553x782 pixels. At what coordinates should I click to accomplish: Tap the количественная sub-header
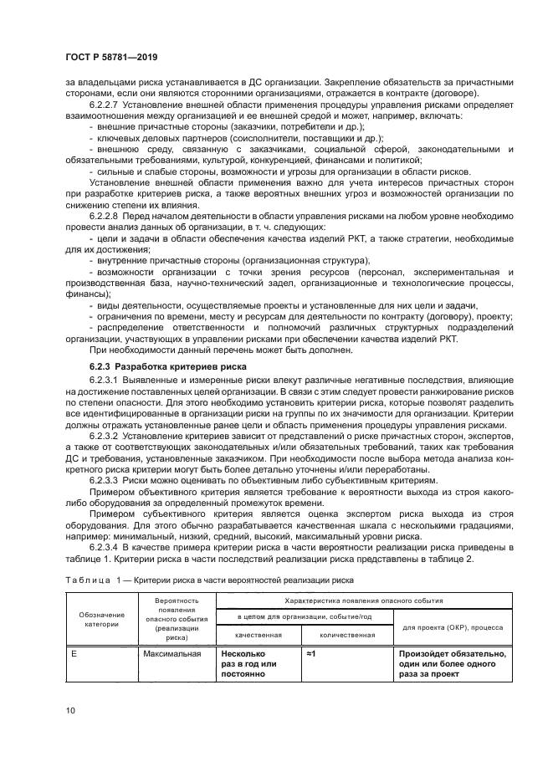coord(338,634)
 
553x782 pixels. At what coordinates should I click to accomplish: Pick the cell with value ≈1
coord(311,653)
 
